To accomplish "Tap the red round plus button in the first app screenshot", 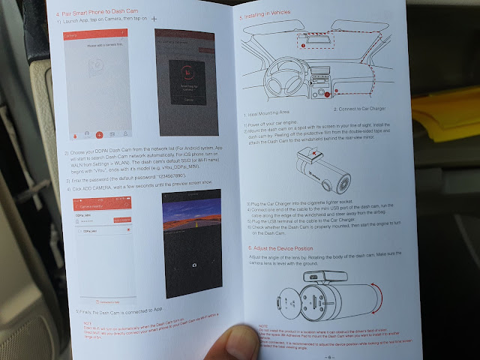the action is (98, 133).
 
